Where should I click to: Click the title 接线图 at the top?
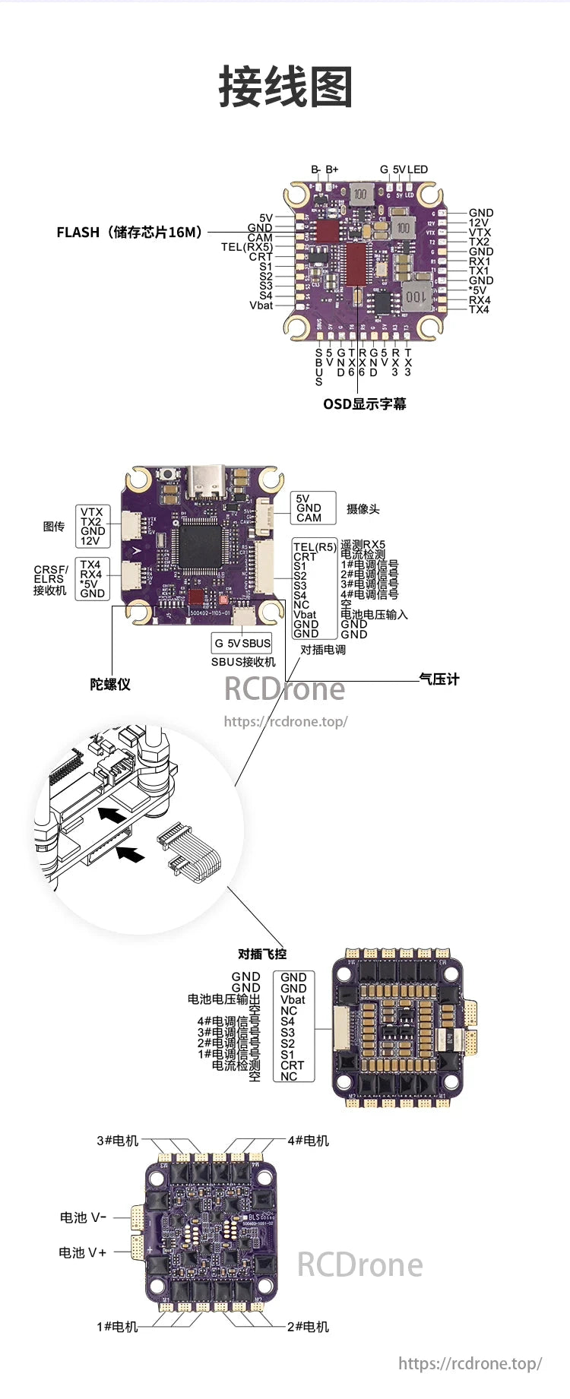pos(286,87)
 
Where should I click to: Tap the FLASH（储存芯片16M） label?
pos(130,233)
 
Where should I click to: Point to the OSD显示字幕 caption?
pos(365,404)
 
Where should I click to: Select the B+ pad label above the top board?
pos(332,169)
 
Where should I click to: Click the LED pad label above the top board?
pos(418,169)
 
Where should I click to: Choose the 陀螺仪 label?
pos(110,684)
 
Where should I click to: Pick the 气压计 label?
pos(439,679)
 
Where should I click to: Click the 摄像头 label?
pos(363,509)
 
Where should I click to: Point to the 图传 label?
pos(54,526)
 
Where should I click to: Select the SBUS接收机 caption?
pos(243,662)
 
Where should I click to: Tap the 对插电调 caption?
pos(323,650)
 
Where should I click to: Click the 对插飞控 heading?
pos(262,954)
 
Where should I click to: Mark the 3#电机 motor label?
pos(118,1141)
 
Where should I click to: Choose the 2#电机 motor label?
pos(308,1327)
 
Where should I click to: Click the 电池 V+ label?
pos(83,1252)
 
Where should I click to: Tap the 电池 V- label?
pos(83,1217)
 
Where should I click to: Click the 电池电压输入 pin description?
pos(374,614)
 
